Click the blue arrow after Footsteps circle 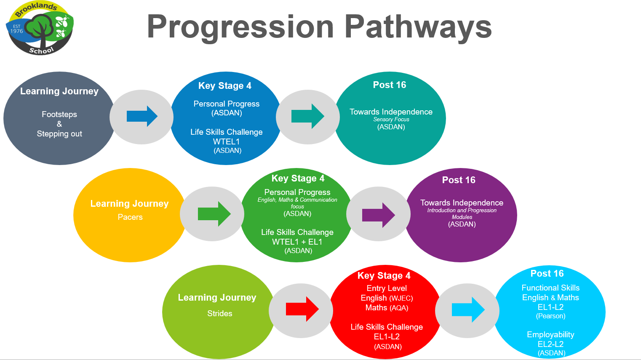[x=142, y=116]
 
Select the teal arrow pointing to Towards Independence [x=307, y=116]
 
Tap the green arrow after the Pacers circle [x=214, y=214]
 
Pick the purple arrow [x=379, y=215]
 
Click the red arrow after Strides [x=302, y=309]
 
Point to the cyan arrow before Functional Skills [x=468, y=309]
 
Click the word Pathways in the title [x=418, y=27]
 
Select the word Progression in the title [x=240, y=27]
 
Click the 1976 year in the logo [x=16, y=31]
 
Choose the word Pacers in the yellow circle [x=130, y=217]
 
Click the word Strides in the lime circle [x=219, y=313]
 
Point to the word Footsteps [x=59, y=115]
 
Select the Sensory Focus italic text [x=391, y=119]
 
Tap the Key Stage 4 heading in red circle [x=384, y=275]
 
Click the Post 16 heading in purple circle [x=459, y=180]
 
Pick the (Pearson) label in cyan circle [x=550, y=316]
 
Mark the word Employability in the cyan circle [x=550, y=335]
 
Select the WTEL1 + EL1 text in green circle [x=297, y=242]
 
